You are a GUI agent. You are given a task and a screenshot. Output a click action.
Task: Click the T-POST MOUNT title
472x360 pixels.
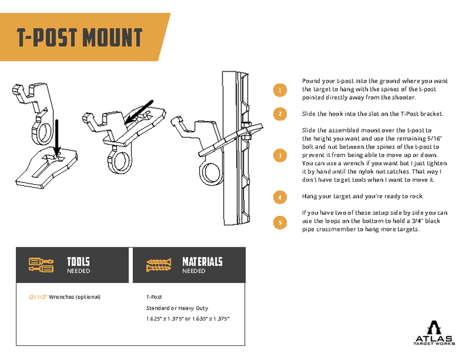80,38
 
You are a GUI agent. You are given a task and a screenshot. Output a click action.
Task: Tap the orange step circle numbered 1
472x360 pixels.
280,90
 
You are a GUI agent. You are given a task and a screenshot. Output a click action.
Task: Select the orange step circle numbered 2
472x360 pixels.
280,113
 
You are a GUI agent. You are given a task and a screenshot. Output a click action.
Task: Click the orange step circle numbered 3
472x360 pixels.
280,155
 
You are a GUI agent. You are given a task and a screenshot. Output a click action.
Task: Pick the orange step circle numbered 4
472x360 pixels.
280,197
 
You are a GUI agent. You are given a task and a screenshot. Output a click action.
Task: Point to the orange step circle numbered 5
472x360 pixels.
280,222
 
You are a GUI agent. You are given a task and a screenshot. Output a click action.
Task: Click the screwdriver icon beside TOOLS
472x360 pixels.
41,265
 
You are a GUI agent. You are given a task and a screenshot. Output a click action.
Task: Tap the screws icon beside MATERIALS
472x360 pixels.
159,265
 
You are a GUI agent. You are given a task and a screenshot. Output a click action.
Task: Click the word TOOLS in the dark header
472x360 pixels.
78,261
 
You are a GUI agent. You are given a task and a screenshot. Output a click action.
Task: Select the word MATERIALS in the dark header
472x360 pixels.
202,261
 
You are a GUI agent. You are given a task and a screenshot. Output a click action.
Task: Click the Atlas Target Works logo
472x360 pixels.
434,333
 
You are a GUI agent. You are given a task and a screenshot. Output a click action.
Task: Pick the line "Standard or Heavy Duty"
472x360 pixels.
177,307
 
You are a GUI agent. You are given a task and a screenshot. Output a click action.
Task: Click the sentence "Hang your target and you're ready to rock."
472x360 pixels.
362,197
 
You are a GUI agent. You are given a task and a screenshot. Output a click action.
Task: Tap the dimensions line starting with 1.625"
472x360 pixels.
188,319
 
